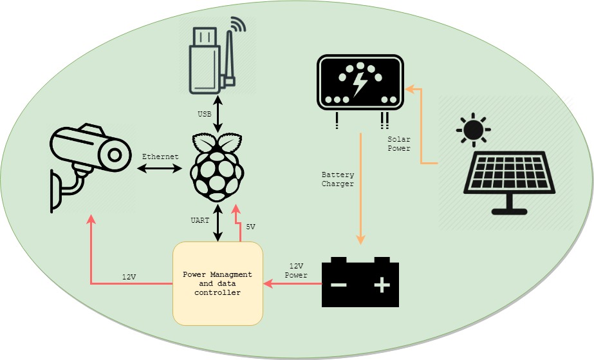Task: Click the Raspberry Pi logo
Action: pyautogui.click(x=218, y=167)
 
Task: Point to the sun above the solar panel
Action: pyautogui.click(x=474, y=130)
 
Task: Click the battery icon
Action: pyautogui.click(x=360, y=282)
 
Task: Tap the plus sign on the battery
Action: pyautogui.click(x=382, y=285)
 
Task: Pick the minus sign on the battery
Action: pyautogui.click(x=339, y=285)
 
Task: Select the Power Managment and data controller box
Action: pyautogui.click(x=218, y=283)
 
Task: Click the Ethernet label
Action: pyautogui.click(x=160, y=156)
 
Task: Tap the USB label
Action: pyautogui.click(x=204, y=115)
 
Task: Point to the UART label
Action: pyautogui.click(x=200, y=221)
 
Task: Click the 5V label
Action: pyautogui.click(x=250, y=227)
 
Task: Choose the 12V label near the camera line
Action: pyautogui.click(x=129, y=277)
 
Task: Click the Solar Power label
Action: pyautogui.click(x=399, y=144)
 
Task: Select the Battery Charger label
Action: pyautogui.click(x=338, y=179)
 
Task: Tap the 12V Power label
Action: pyautogui.click(x=296, y=270)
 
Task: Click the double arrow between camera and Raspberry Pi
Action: pyautogui.click(x=160, y=169)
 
